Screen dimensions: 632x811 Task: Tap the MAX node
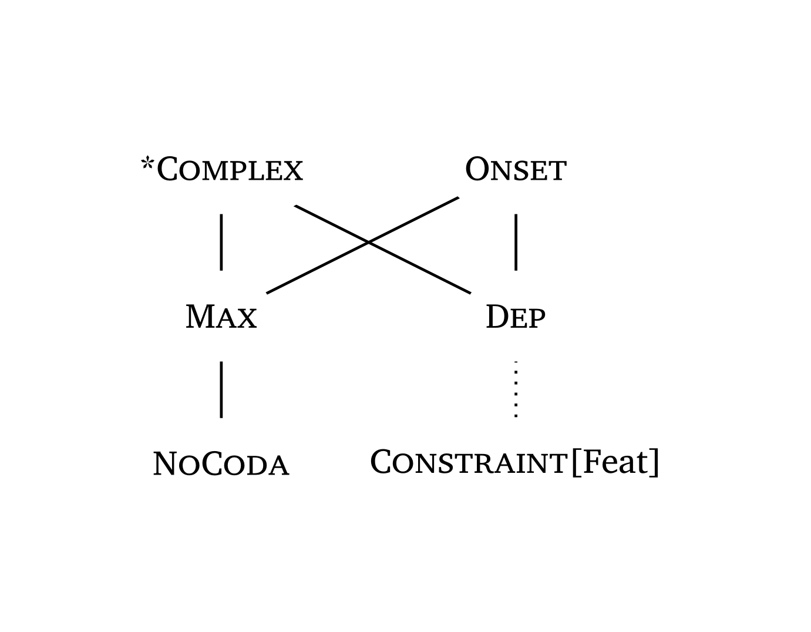click(x=221, y=317)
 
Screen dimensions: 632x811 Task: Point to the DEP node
click(x=515, y=317)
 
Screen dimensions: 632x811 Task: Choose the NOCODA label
click(x=221, y=464)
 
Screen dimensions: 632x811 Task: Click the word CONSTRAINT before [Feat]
click(x=468, y=462)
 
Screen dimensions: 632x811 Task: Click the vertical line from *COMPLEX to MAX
click(x=221, y=241)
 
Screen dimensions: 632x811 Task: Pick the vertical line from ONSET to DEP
click(x=516, y=241)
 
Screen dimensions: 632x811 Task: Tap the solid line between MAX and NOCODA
click(x=221, y=389)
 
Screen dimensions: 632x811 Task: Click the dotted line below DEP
click(x=516, y=389)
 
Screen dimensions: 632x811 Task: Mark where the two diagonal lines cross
click(x=368, y=241)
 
